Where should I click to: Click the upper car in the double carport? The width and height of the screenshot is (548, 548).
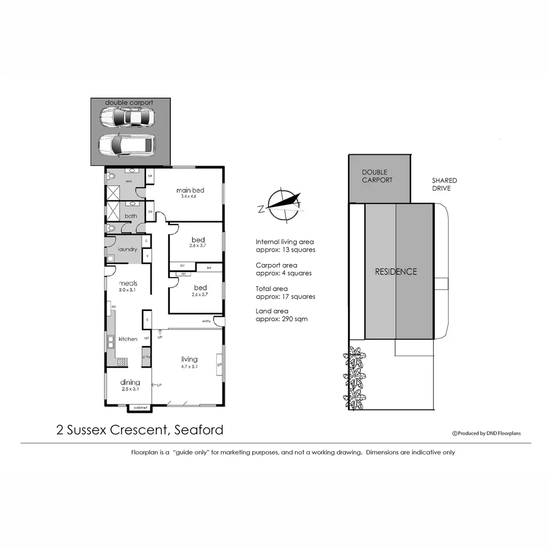coord(127,118)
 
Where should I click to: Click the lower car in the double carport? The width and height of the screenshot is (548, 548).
coord(127,146)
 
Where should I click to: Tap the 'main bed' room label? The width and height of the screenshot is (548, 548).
coord(190,190)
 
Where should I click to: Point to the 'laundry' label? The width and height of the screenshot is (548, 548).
coord(127,250)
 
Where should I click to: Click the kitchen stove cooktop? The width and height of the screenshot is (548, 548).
coord(122,362)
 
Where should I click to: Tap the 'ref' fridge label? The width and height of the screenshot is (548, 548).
coord(146,338)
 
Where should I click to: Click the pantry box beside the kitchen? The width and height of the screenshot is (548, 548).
coord(146,357)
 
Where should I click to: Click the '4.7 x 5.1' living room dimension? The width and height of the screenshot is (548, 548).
coord(189,366)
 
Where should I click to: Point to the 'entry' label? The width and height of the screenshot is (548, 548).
coord(206,321)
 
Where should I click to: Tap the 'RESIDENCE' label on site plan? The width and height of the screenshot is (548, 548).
coord(396,271)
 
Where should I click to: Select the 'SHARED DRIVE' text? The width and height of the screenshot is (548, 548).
coord(444,184)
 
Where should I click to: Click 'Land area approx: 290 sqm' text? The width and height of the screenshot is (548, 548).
coord(282,315)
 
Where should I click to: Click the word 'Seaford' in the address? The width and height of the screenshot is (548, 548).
coord(199,430)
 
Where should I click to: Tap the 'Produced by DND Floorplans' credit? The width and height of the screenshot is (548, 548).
coord(487,433)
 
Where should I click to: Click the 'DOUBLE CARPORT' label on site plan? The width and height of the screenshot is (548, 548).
coord(377,176)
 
